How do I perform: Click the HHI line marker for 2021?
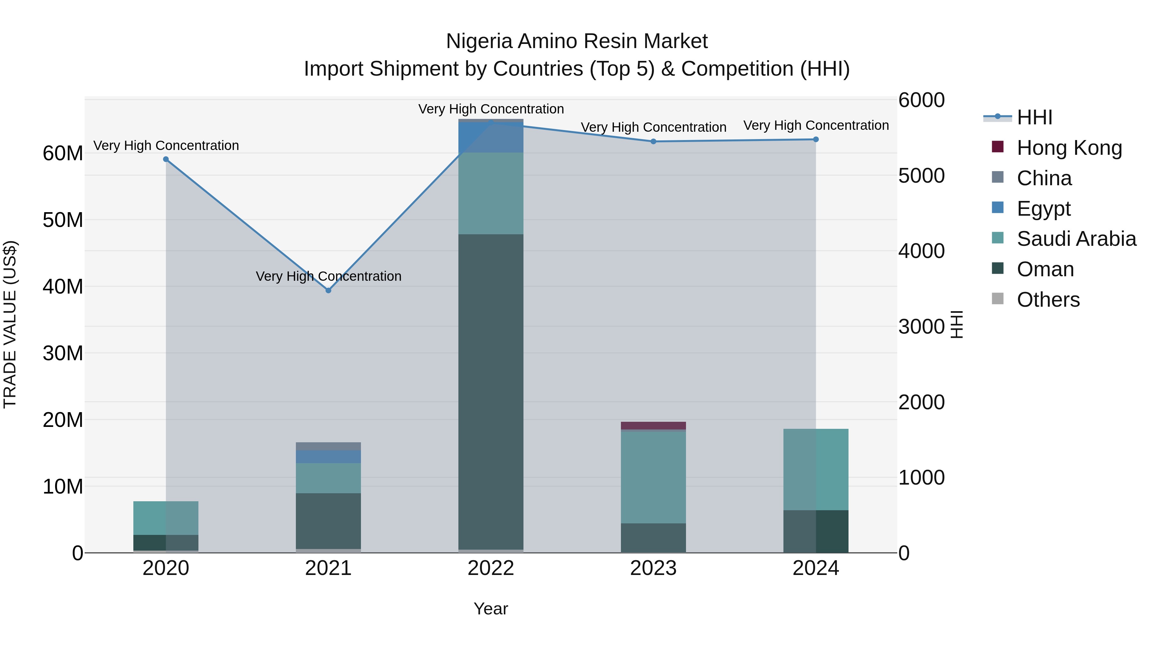328,290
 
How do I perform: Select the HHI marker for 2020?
166,159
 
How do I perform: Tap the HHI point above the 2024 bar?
816,139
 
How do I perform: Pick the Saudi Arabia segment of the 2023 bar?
653,477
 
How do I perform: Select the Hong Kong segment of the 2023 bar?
653,426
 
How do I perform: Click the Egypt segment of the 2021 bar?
328,456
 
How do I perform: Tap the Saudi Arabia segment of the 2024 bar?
816,470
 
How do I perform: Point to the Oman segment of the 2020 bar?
166,542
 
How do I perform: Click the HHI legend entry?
1034,117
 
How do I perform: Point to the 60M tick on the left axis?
63,154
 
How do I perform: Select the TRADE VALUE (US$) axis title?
10,324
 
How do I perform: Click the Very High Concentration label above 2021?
328,276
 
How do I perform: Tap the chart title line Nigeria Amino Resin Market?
577,41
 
